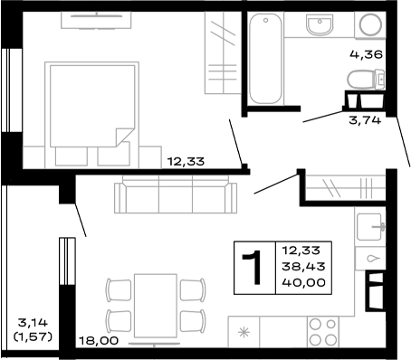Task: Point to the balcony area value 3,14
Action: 33,321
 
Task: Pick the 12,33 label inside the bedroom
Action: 186,163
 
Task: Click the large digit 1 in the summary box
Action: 253,268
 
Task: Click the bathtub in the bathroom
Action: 266,59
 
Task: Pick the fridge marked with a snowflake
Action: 243,331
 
